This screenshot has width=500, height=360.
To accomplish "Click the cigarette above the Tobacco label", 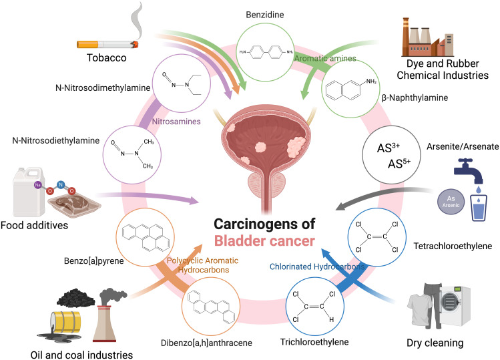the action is (107, 44).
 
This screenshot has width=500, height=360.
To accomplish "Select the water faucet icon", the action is (469, 171).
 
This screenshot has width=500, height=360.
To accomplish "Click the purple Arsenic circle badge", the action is (451, 202).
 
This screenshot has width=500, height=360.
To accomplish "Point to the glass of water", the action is (479, 208).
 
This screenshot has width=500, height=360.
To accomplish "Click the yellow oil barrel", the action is (65, 323).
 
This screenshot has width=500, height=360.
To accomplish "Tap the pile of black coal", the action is (75, 297).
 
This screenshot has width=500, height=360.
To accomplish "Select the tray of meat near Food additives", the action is (75, 206).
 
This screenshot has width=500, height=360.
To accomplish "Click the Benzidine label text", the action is (264, 15).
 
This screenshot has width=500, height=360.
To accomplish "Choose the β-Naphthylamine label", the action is (415, 98).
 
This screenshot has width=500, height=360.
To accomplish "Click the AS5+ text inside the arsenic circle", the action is (399, 164).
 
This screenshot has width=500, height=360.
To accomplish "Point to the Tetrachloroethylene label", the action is (453, 246).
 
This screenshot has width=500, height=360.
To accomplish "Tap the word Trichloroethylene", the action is (314, 342).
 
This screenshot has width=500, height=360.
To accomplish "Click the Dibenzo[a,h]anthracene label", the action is (206, 343).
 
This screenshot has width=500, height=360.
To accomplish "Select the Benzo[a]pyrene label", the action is (93, 261).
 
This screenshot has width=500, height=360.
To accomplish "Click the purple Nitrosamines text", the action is (176, 122).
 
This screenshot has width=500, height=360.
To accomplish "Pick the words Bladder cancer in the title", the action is (264, 241).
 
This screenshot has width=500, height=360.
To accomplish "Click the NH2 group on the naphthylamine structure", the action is (371, 81).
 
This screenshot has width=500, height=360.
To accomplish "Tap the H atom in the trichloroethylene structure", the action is (331, 319).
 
